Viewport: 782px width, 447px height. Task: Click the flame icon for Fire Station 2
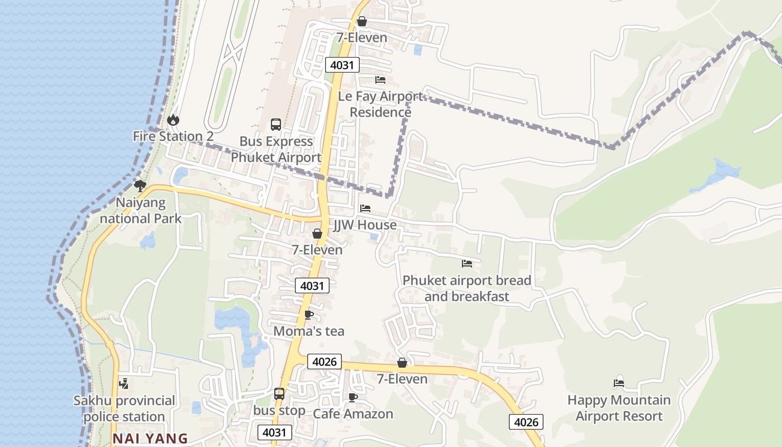click(173, 120)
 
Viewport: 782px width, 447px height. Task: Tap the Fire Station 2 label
click(173, 136)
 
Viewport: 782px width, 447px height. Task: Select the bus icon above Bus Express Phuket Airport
click(276, 125)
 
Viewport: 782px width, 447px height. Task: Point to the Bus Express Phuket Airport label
click(276, 149)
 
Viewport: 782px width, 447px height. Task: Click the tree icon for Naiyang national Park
click(140, 186)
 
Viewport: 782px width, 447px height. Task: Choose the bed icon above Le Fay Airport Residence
click(380, 80)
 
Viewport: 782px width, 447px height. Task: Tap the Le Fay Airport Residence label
click(380, 104)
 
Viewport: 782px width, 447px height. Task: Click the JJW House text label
click(365, 225)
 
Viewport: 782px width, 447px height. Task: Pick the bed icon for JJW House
click(365, 208)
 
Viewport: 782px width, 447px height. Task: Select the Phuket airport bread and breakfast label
click(467, 288)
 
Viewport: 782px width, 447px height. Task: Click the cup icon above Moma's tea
click(308, 315)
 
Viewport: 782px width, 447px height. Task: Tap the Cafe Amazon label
click(353, 414)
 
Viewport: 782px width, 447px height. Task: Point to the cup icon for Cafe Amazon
click(352, 397)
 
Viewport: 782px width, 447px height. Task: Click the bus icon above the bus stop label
click(279, 394)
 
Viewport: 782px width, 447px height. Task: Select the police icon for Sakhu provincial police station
click(124, 384)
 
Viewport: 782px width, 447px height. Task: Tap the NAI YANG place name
click(150, 439)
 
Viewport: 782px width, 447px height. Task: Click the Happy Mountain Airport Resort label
click(619, 408)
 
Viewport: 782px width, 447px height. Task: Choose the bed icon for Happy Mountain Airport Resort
click(618, 383)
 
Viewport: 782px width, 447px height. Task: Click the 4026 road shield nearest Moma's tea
click(324, 362)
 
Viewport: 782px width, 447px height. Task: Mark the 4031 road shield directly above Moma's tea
click(312, 286)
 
